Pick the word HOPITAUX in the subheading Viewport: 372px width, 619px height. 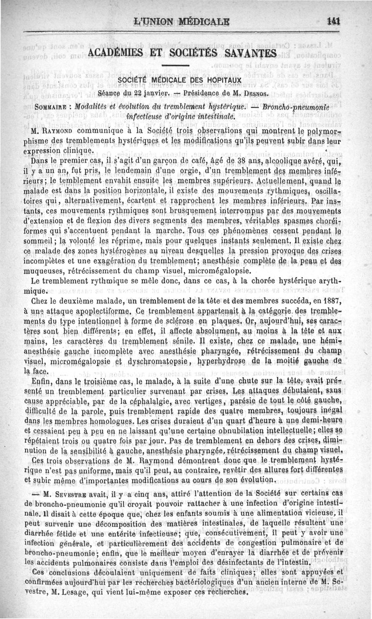(x=220, y=80)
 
